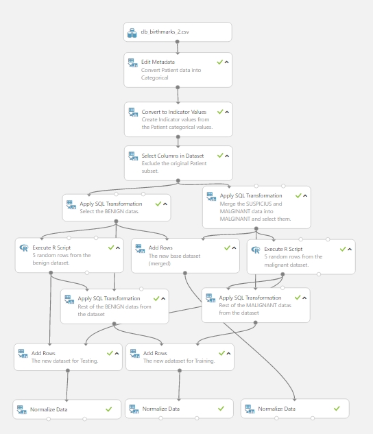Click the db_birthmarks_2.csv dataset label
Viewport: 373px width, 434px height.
point(165,32)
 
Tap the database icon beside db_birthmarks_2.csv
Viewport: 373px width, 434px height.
point(132,33)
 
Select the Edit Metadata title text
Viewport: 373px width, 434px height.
point(158,62)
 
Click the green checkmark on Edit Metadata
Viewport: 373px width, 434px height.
point(219,62)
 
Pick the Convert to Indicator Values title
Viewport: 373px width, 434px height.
point(174,112)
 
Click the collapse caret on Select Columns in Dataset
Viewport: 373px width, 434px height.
point(227,156)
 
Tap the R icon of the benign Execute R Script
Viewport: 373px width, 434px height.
point(24,248)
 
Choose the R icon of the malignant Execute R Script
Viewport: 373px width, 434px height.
point(256,250)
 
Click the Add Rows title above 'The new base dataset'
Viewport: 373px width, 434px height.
point(160,248)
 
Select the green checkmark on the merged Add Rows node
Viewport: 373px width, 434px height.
point(227,248)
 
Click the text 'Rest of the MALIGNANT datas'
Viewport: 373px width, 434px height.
point(255,305)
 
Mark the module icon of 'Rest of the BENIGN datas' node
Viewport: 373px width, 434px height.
point(69,299)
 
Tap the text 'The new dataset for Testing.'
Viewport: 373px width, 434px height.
point(64,361)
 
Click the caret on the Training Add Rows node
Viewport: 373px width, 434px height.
point(228,354)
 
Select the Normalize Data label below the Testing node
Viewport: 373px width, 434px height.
point(49,409)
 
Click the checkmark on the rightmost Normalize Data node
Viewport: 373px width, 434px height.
point(337,409)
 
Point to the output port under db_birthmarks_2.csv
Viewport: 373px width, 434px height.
point(178,42)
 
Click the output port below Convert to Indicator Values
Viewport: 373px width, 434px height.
point(178,136)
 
